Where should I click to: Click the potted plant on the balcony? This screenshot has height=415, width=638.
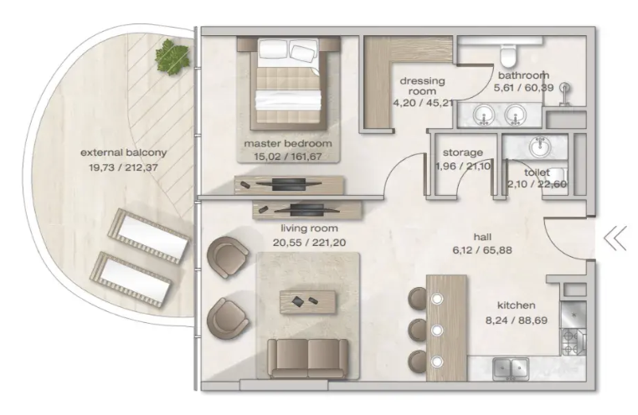[x=172, y=57]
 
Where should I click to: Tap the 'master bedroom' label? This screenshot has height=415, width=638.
[x=288, y=143]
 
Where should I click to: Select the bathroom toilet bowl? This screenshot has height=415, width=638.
[x=508, y=56]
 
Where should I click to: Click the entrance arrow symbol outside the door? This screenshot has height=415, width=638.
[x=615, y=238]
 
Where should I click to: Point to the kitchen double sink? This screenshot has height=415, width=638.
[x=511, y=369]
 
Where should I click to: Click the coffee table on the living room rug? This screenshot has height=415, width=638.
[x=307, y=301]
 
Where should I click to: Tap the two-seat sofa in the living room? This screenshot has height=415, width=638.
[x=307, y=358]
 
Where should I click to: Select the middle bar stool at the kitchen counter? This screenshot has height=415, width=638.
[x=418, y=330]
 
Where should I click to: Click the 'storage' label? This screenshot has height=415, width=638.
[x=463, y=153]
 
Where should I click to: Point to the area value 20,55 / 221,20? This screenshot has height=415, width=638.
[x=309, y=243]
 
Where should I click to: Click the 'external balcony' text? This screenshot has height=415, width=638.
[x=124, y=153]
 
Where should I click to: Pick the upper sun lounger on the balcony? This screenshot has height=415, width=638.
[x=148, y=236]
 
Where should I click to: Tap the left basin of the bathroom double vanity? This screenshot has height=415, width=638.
[x=484, y=115]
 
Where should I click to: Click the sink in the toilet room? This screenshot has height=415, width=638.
[x=539, y=146]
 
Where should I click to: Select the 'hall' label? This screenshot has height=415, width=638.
[x=482, y=237]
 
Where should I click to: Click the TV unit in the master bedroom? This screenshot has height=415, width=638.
[x=289, y=185]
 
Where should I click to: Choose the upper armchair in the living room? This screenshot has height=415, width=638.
[x=229, y=257]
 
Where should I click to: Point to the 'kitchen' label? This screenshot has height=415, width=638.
[x=516, y=305]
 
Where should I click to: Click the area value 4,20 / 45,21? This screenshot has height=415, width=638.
[x=423, y=103]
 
